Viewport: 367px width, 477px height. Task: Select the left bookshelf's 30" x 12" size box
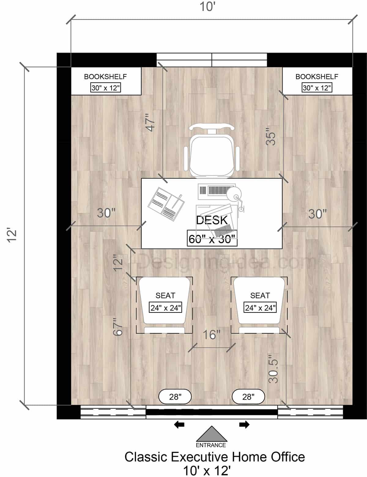(x=106, y=88)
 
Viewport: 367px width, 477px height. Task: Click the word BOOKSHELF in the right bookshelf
(x=317, y=77)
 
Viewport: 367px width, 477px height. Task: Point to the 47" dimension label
(x=150, y=123)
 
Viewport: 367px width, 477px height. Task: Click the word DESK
(x=212, y=220)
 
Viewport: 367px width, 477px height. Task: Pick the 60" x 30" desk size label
(x=212, y=239)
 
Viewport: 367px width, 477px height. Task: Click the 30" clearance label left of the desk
(x=106, y=213)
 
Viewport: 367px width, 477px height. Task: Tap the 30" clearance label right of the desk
(x=317, y=214)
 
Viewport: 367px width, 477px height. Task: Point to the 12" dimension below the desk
(x=118, y=262)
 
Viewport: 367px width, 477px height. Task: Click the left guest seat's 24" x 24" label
(x=165, y=308)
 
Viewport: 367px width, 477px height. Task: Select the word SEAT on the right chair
(x=260, y=295)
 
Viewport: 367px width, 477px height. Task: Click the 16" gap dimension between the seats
(x=212, y=335)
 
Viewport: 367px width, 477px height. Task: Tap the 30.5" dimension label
(x=273, y=369)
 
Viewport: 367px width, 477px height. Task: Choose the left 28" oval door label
(x=175, y=397)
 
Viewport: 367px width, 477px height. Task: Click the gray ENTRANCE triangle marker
(x=211, y=434)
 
